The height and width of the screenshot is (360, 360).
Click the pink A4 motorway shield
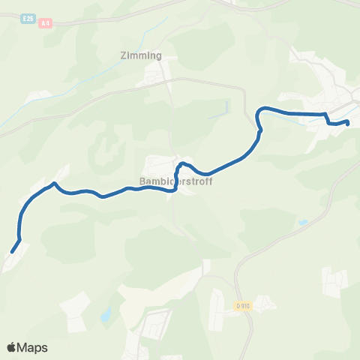pos(46,23)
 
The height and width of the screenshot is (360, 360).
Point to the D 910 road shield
pos(242,306)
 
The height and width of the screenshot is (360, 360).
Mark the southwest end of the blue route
pos(12,252)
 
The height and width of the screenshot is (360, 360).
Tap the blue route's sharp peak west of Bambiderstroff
pos(54,183)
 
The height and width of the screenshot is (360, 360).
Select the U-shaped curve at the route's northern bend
pos(259,116)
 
